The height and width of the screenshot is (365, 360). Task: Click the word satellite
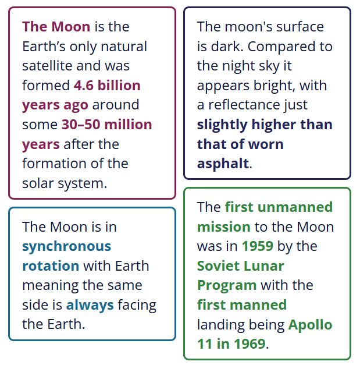coord(47,66)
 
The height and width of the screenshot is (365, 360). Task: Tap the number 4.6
coord(84,85)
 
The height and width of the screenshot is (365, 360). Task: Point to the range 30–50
coord(81,125)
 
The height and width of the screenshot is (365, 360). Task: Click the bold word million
coord(128,125)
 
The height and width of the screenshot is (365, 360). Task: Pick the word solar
coord(38,183)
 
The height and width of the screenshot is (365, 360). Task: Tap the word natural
coord(124,47)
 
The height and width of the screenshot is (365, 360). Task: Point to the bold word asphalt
coord(223,164)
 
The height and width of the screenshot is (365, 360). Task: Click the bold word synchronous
coord(67,247)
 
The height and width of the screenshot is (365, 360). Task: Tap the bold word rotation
coord(51,266)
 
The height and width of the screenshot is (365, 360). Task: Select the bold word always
coord(90,306)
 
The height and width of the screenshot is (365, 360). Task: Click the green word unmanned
coord(295,207)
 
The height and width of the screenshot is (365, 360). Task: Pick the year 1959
coord(258,246)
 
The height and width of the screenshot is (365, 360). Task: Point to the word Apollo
coord(310,325)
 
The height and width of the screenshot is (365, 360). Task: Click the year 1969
coord(249,344)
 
